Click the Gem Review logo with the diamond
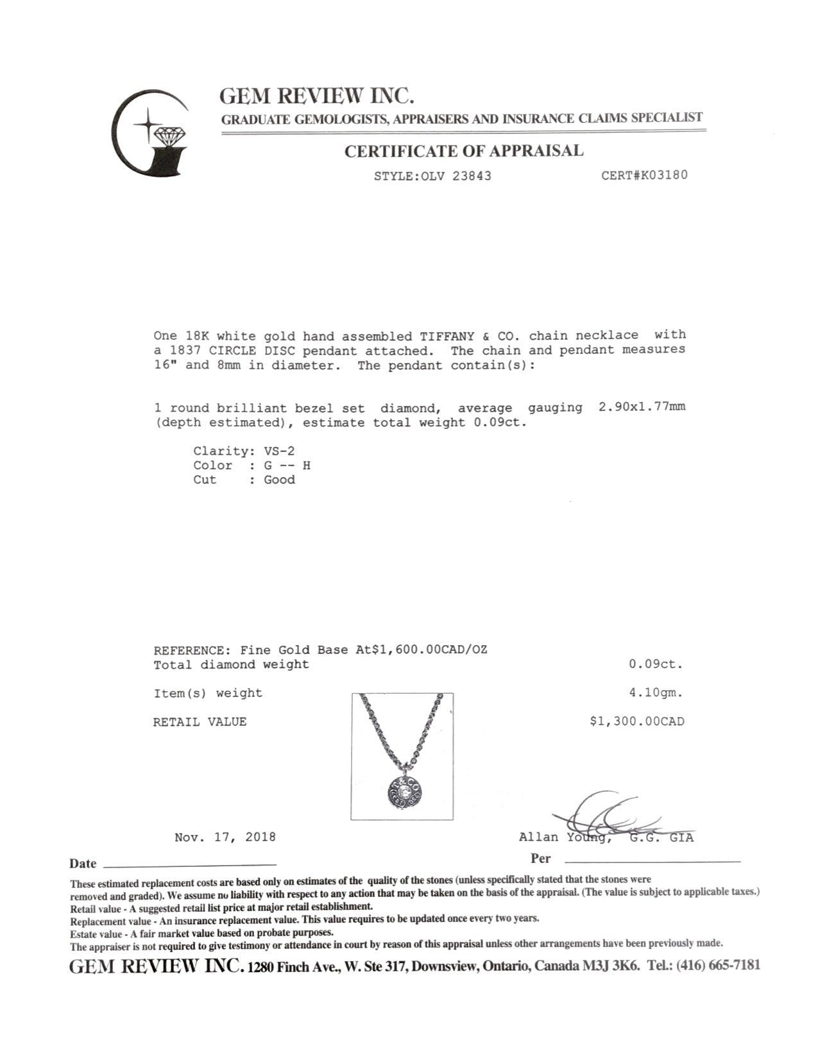pos(151,133)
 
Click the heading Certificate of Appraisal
pos(464,151)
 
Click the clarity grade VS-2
pos(279,451)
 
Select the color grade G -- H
pos(287,466)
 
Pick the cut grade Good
pos(279,480)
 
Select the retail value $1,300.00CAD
pos(637,721)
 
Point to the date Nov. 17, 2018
pos(225,837)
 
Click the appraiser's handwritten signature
pos(606,816)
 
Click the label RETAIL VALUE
pos(200,722)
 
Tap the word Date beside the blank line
pos(83,864)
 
